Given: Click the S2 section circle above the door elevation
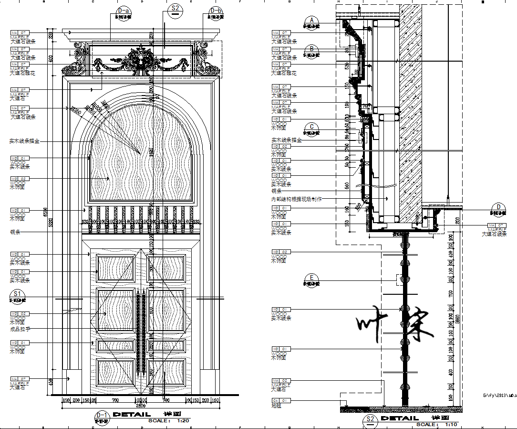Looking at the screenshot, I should tap(176, 10).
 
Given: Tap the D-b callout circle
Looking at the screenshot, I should tap(216, 11).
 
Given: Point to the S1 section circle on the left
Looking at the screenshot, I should tap(18, 294).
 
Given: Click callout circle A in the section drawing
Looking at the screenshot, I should tap(312, 21).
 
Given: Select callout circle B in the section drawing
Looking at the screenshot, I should tap(312, 49).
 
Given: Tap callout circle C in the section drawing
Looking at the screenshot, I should tap(312, 127).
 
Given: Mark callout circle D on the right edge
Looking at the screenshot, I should tap(498, 207).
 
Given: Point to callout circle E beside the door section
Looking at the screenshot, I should tap(312, 278).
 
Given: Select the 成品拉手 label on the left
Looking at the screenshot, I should tap(20, 329).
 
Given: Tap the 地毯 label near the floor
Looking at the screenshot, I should tap(276, 406).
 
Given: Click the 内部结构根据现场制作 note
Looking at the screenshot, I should tap(296, 199).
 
